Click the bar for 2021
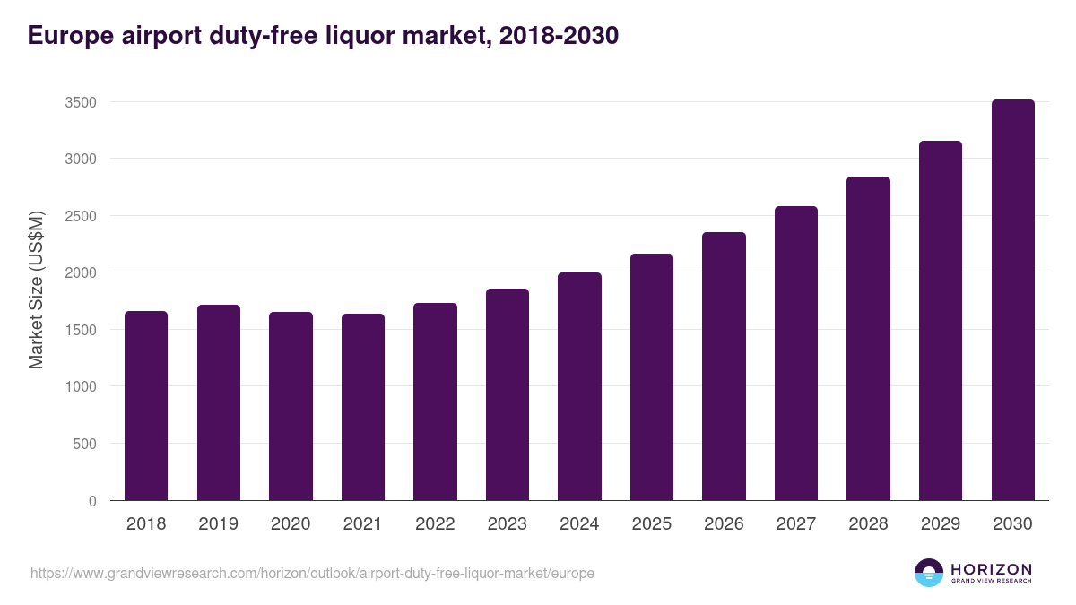click(363, 407)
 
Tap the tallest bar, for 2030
click(1013, 300)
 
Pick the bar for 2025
click(652, 376)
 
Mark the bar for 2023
click(508, 394)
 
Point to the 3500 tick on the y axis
click(80, 102)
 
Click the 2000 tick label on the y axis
click(80, 272)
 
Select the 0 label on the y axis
click(92, 501)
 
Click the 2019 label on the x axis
click(218, 524)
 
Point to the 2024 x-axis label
click(579, 524)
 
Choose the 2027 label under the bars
click(795, 524)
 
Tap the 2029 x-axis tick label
click(941, 524)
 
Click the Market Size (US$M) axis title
click(36, 290)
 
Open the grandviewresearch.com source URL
click(312, 573)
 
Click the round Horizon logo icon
click(928, 573)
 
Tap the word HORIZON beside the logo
click(991, 569)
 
